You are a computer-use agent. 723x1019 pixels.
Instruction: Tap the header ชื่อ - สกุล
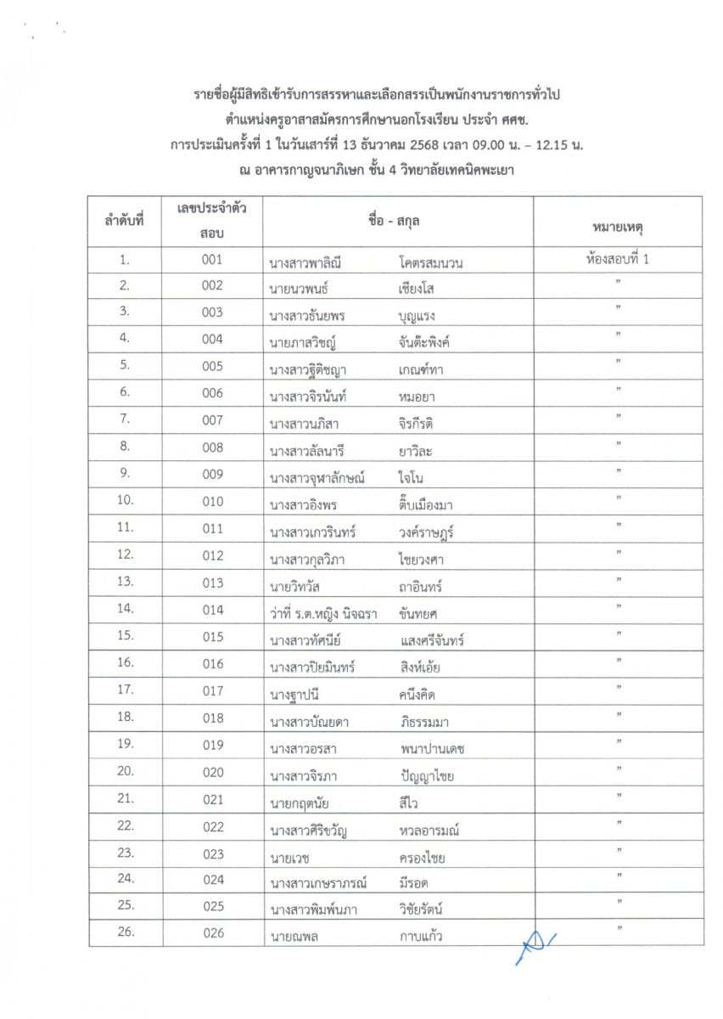coord(397,220)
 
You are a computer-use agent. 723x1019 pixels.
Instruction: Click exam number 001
coord(212,260)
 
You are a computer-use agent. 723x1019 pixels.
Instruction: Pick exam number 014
coord(212,610)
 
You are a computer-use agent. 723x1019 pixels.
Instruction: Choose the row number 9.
coord(125,475)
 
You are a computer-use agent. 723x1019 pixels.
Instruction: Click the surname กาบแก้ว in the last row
coord(421,936)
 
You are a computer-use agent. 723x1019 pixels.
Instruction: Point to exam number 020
coord(212,772)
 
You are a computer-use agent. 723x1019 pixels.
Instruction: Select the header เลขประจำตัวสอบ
coord(212,220)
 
